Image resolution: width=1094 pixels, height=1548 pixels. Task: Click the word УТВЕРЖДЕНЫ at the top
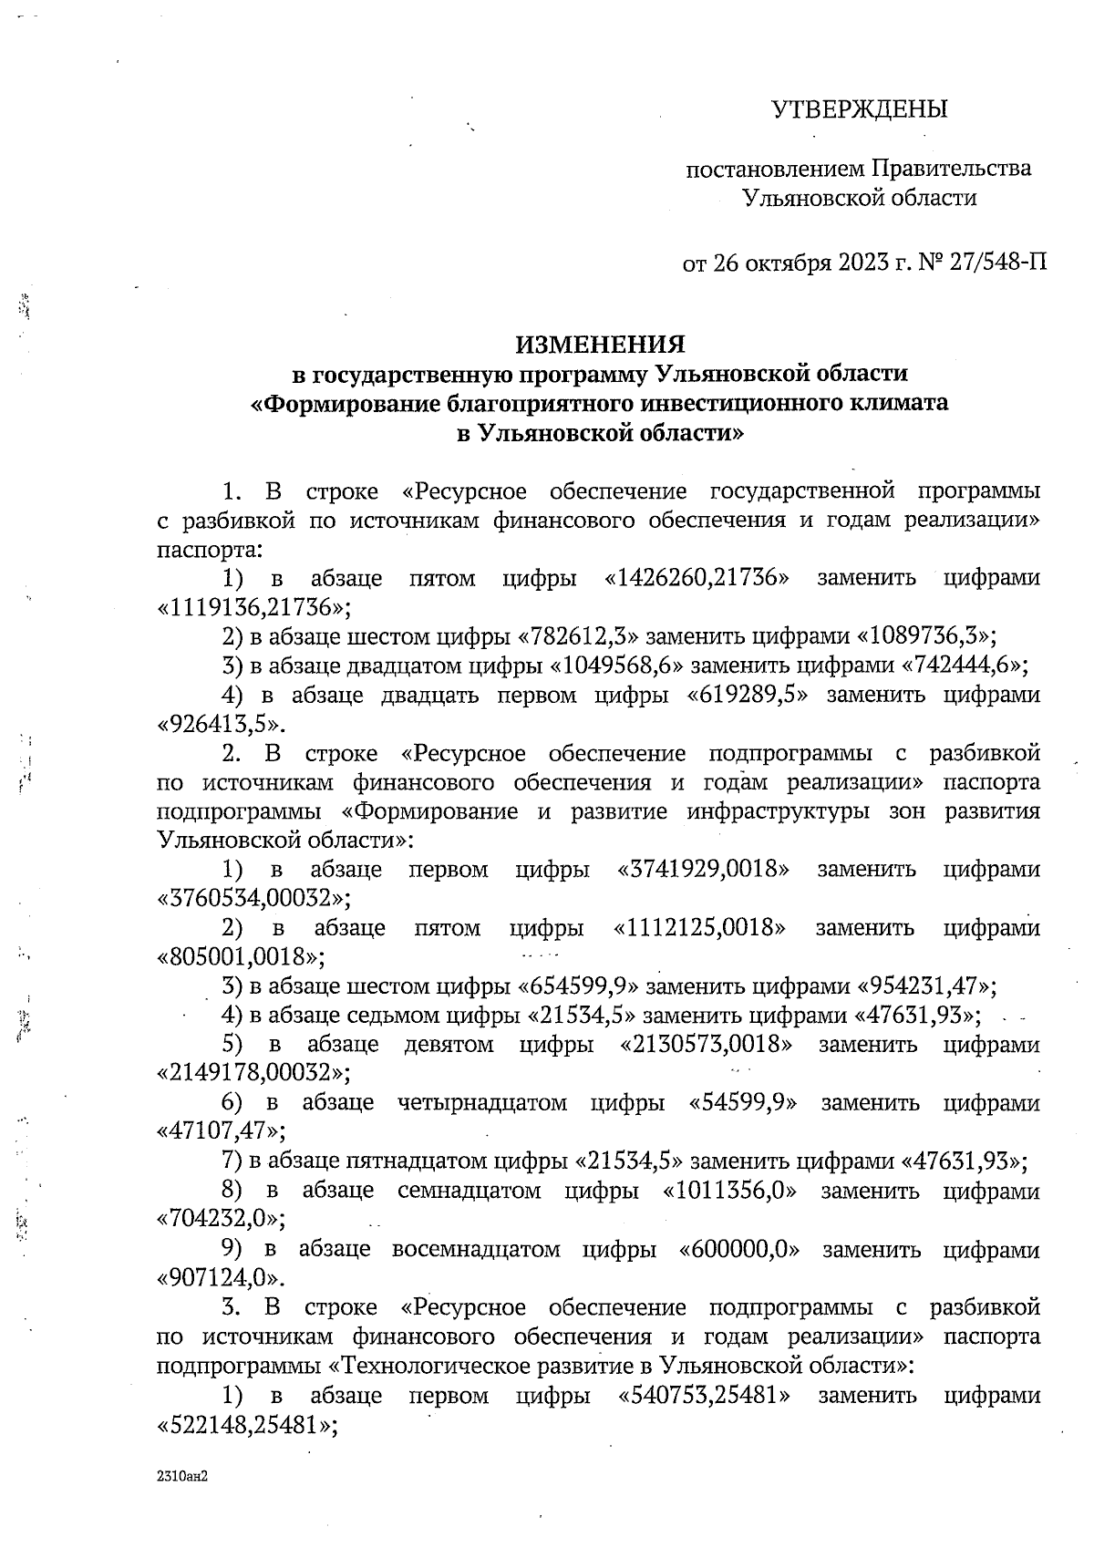coord(860,110)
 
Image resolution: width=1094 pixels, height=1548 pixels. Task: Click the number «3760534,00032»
coord(254,898)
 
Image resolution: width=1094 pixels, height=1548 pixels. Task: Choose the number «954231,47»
coord(925,986)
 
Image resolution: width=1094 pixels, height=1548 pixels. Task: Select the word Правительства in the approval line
coord(952,169)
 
